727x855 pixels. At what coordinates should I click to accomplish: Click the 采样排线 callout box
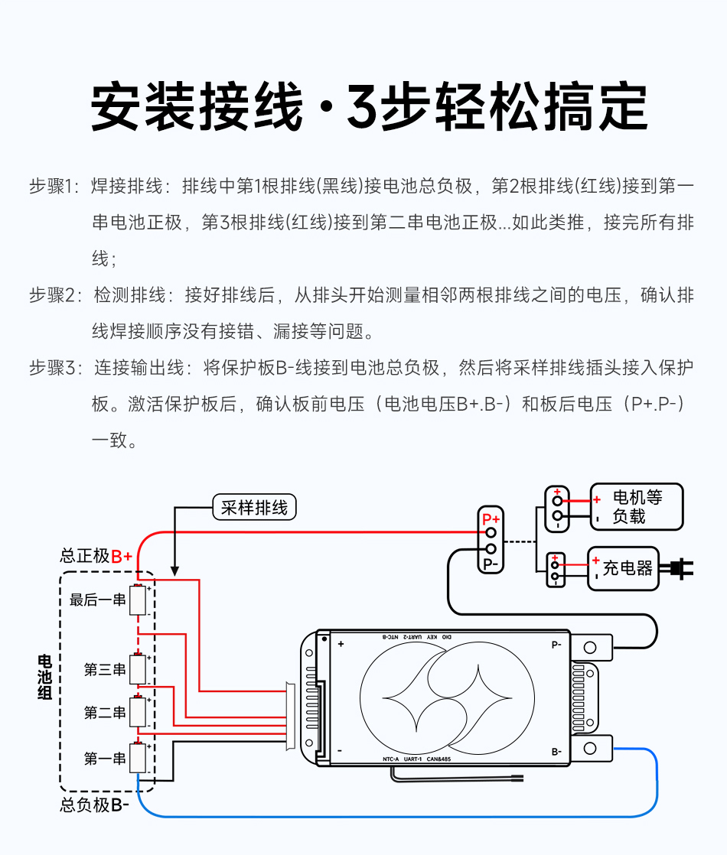[253, 508]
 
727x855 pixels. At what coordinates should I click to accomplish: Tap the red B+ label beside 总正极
[122, 556]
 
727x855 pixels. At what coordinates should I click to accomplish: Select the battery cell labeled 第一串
[138, 758]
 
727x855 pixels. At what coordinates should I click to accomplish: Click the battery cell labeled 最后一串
[138, 600]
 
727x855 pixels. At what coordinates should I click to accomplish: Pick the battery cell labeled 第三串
[138, 669]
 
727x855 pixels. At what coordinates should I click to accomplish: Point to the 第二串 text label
[105, 713]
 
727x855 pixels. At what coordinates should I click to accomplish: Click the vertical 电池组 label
[45, 678]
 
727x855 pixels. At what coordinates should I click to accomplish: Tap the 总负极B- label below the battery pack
[95, 805]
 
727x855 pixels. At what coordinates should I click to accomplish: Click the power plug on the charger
[680, 568]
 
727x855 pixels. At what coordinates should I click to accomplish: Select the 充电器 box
[623, 568]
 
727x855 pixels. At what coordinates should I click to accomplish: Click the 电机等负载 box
[636, 507]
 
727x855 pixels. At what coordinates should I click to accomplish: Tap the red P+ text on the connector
[491, 519]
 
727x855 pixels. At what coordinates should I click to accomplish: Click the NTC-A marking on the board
[392, 759]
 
